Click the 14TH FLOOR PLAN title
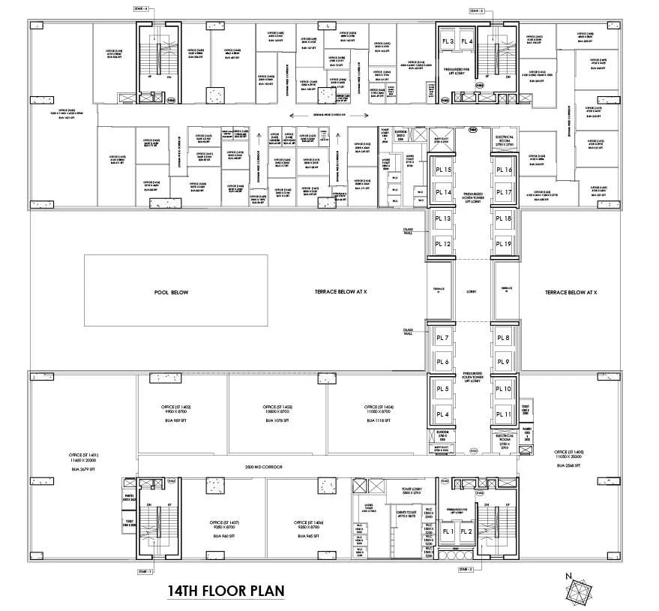coord(226,590)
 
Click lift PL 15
coord(442,170)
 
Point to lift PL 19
coord(503,244)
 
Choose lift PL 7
coord(442,339)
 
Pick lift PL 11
coord(503,414)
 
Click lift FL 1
coord(448,531)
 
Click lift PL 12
coord(442,244)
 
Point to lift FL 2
coord(466,531)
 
